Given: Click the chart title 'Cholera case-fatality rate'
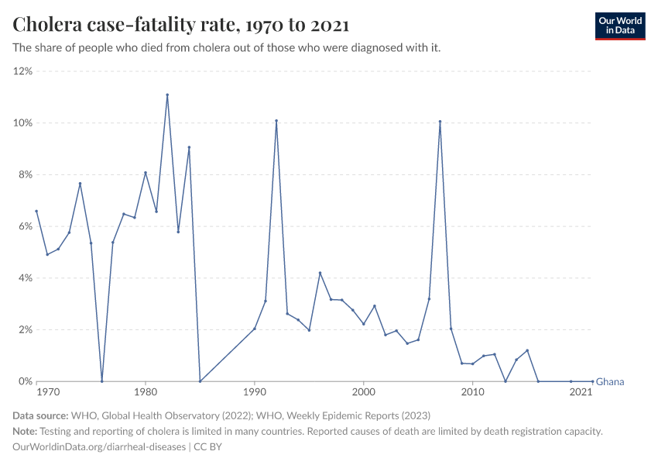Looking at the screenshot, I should tap(181, 25).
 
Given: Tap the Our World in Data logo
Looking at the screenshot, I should tap(619, 26).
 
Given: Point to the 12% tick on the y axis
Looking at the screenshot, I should tap(22, 71).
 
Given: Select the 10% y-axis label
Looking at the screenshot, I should tap(22, 123).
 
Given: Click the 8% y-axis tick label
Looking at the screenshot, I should tap(24, 175).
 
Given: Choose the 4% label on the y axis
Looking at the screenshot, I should tap(24, 278).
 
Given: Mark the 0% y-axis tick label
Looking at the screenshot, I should tap(24, 381).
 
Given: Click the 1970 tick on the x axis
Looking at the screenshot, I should tap(47, 393).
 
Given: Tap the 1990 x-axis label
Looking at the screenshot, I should tap(254, 393).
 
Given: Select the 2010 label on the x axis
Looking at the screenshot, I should tap(472, 393).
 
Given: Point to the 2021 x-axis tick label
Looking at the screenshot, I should tap(581, 393).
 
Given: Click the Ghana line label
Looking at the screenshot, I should tap(610, 381).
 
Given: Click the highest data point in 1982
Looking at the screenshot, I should tap(167, 95).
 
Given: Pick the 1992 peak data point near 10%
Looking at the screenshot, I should tap(276, 121).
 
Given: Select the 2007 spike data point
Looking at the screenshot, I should tap(440, 122).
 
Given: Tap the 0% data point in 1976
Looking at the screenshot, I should tap(101, 381).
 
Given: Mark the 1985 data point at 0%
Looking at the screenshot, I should tap(200, 381).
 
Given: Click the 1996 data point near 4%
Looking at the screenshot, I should tap(320, 273).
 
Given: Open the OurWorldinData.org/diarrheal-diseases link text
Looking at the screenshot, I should tap(99, 447).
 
